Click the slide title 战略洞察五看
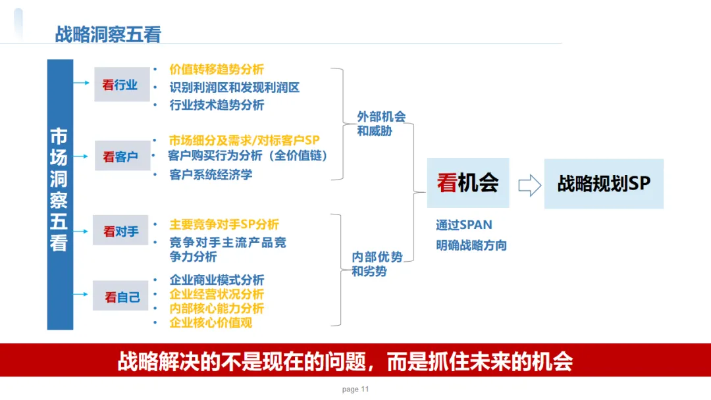108,34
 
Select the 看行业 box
122,84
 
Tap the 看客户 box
122,157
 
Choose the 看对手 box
122,231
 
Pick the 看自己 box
122,297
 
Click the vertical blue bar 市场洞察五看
59,194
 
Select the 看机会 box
467,183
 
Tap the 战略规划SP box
603,184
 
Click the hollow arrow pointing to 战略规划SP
529,185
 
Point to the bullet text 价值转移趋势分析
217,69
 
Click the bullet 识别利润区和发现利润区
234,87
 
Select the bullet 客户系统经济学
211,174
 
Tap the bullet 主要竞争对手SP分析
224,224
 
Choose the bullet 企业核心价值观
211,322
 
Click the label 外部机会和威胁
381,124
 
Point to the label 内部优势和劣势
377,264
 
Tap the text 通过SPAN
463,225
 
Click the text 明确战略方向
471,245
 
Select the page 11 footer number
355,389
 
